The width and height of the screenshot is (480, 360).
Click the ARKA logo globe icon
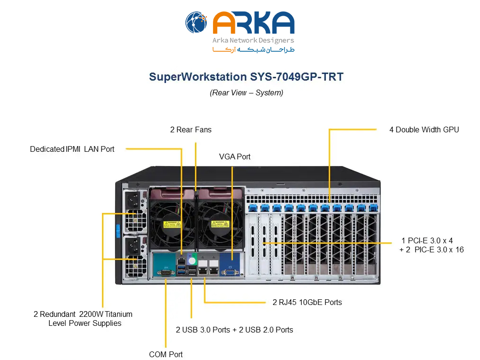click(x=196, y=23)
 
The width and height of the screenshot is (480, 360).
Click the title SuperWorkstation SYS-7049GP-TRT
click(x=246, y=77)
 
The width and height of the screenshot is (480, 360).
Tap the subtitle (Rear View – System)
click(x=246, y=92)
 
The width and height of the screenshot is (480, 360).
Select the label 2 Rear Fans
click(x=191, y=129)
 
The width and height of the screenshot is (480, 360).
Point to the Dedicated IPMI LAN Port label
click(x=72, y=149)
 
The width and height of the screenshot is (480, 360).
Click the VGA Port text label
click(x=234, y=157)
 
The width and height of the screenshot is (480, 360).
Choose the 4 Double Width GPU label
click(x=424, y=129)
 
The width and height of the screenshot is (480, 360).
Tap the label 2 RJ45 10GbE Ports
click(x=307, y=302)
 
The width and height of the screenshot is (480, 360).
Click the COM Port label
click(x=166, y=354)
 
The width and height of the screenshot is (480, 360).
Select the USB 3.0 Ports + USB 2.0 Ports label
click(x=234, y=330)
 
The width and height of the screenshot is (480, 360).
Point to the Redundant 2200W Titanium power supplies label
click(x=83, y=319)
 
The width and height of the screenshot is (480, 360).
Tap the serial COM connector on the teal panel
click(x=166, y=272)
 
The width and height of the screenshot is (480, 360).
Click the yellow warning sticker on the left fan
click(x=171, y=224)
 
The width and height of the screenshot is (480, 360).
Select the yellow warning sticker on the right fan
click(x=219, y=224)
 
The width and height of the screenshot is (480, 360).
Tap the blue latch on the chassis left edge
click(x=117, y=230)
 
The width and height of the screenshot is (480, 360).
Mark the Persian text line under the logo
click(x=253, y=50)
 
